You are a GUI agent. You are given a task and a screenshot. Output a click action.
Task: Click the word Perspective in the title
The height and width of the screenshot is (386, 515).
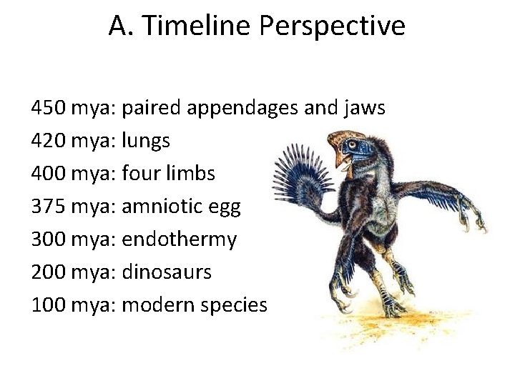333,26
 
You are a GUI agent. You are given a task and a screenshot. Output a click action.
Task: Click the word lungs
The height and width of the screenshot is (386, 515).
146,142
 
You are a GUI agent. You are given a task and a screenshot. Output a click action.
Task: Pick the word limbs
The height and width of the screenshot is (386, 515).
190,174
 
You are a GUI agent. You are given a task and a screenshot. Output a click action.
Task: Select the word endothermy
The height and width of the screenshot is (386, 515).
179,239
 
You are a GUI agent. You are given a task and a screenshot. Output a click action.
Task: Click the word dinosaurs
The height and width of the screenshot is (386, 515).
167,272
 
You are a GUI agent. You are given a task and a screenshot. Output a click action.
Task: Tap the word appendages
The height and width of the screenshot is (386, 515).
247,109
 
